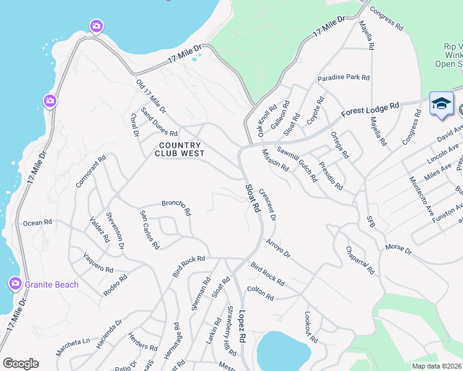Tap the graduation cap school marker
(x=441, y=103)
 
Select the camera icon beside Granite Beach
(x=15, y=283)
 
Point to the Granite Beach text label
(x=52, y=284)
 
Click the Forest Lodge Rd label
(x=370, y=111)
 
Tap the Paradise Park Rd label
(x=344, y=78)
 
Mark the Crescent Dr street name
(x=268, y=204)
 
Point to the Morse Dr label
(x=398, y=249)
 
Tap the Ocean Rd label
(x=38, y=223)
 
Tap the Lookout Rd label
(x=310, y=327)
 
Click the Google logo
(x=20, y=364)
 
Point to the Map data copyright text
(x=437, y=366)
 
